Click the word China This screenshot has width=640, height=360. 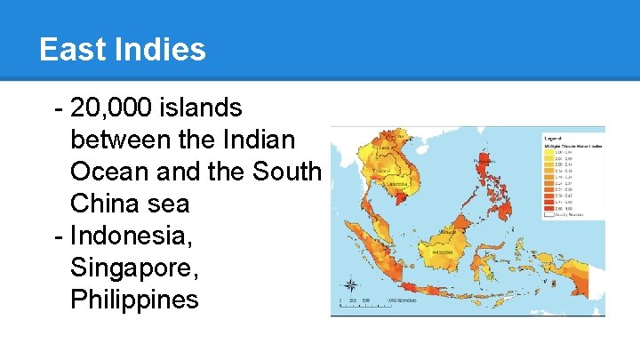click(109, 204)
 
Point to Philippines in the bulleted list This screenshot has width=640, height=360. click(134, 300)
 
